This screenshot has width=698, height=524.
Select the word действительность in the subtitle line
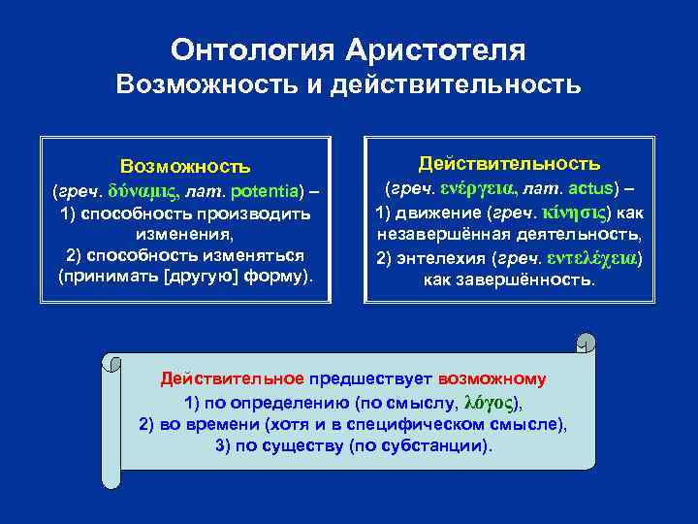pyautogui.click(x=456, y=84)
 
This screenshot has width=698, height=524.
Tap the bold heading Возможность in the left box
pyautogui.click(x=185, y=168)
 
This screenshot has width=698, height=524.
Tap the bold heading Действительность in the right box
pyautogui.click(x=509, y=163)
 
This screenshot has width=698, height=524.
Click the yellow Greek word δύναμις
pyautogui.click(x=135, y=191)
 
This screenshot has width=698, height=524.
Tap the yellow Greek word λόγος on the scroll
pyautogui.click(x=493, y=402)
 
